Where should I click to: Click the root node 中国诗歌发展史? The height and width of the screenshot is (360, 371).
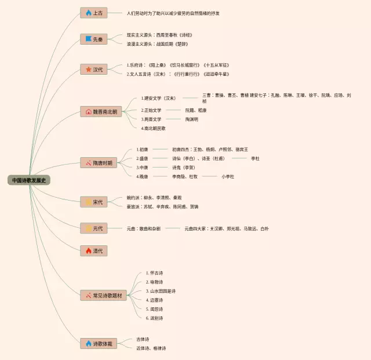30,180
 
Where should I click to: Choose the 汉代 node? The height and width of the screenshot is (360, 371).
94,70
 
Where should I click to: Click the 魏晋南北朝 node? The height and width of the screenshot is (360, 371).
101,111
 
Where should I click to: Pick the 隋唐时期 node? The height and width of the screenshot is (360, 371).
100,163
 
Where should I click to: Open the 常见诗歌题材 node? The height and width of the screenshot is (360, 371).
103,296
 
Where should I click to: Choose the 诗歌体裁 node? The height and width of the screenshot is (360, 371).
98,344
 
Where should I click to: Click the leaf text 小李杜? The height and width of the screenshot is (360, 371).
227,176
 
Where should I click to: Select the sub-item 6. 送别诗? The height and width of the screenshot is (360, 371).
155,318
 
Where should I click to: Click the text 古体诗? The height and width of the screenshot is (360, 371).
143,339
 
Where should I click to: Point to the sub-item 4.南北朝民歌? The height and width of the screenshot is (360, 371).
154,128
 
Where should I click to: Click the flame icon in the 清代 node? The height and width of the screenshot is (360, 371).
88,250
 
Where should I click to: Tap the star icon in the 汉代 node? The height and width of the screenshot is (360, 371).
88,70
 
